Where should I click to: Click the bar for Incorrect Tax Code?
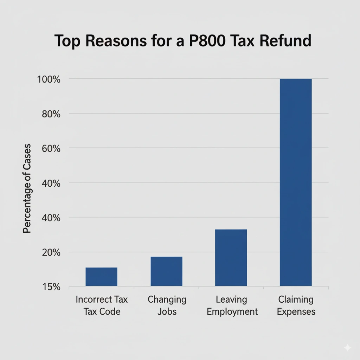[101, 277]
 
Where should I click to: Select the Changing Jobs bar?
[166, 271]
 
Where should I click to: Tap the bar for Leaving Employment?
[231, 257]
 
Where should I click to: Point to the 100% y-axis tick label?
[49, 79]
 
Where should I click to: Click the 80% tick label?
[51, 114]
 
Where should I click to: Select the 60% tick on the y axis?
[51, 148]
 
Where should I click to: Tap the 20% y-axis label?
[51, 252]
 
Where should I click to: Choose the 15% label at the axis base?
[51, 287]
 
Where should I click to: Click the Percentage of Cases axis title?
[27, 188]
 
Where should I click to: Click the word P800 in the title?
[214, 41]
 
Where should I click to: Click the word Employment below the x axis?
[232, 311]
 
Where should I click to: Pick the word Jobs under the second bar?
[167, 311]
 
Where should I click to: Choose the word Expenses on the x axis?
[296, 311]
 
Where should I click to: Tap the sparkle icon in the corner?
[347, 348]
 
